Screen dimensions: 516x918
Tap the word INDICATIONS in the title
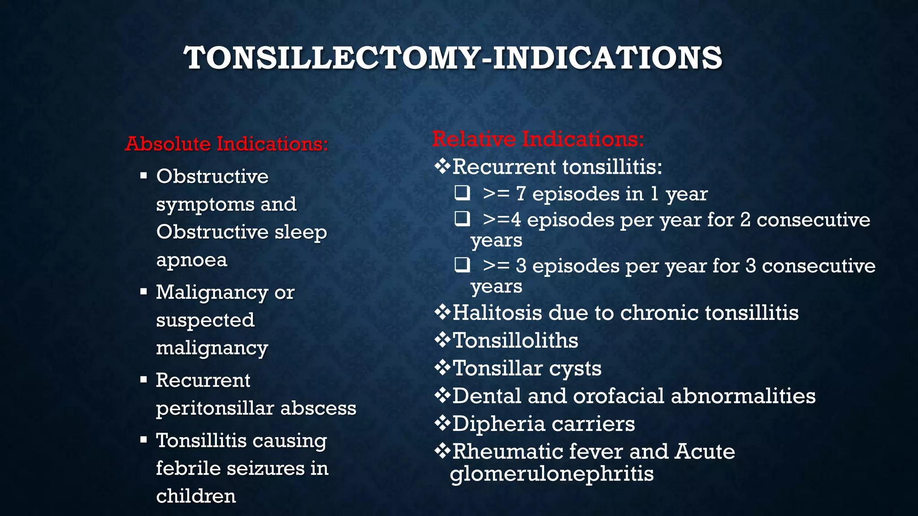pos(607,58)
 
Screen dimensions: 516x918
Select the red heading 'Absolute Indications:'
pos(227,144)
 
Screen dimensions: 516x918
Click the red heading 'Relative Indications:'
pos(538,139)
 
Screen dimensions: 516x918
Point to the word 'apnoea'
pos(191,260)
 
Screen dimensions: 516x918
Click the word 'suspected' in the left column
pos(205,320)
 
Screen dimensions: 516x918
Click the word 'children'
pos(196,496)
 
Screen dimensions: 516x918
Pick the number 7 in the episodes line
pos(520,194)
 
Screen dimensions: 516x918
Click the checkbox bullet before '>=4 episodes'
pos(462,219)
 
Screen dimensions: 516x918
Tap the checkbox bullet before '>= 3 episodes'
pos(462,265)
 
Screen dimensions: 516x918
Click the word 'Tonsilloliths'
pos(515,340)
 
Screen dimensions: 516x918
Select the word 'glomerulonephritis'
pos(552,474)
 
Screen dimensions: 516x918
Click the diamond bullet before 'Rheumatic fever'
pos(442,451)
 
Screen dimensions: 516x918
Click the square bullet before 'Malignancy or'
pos(143,292)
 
